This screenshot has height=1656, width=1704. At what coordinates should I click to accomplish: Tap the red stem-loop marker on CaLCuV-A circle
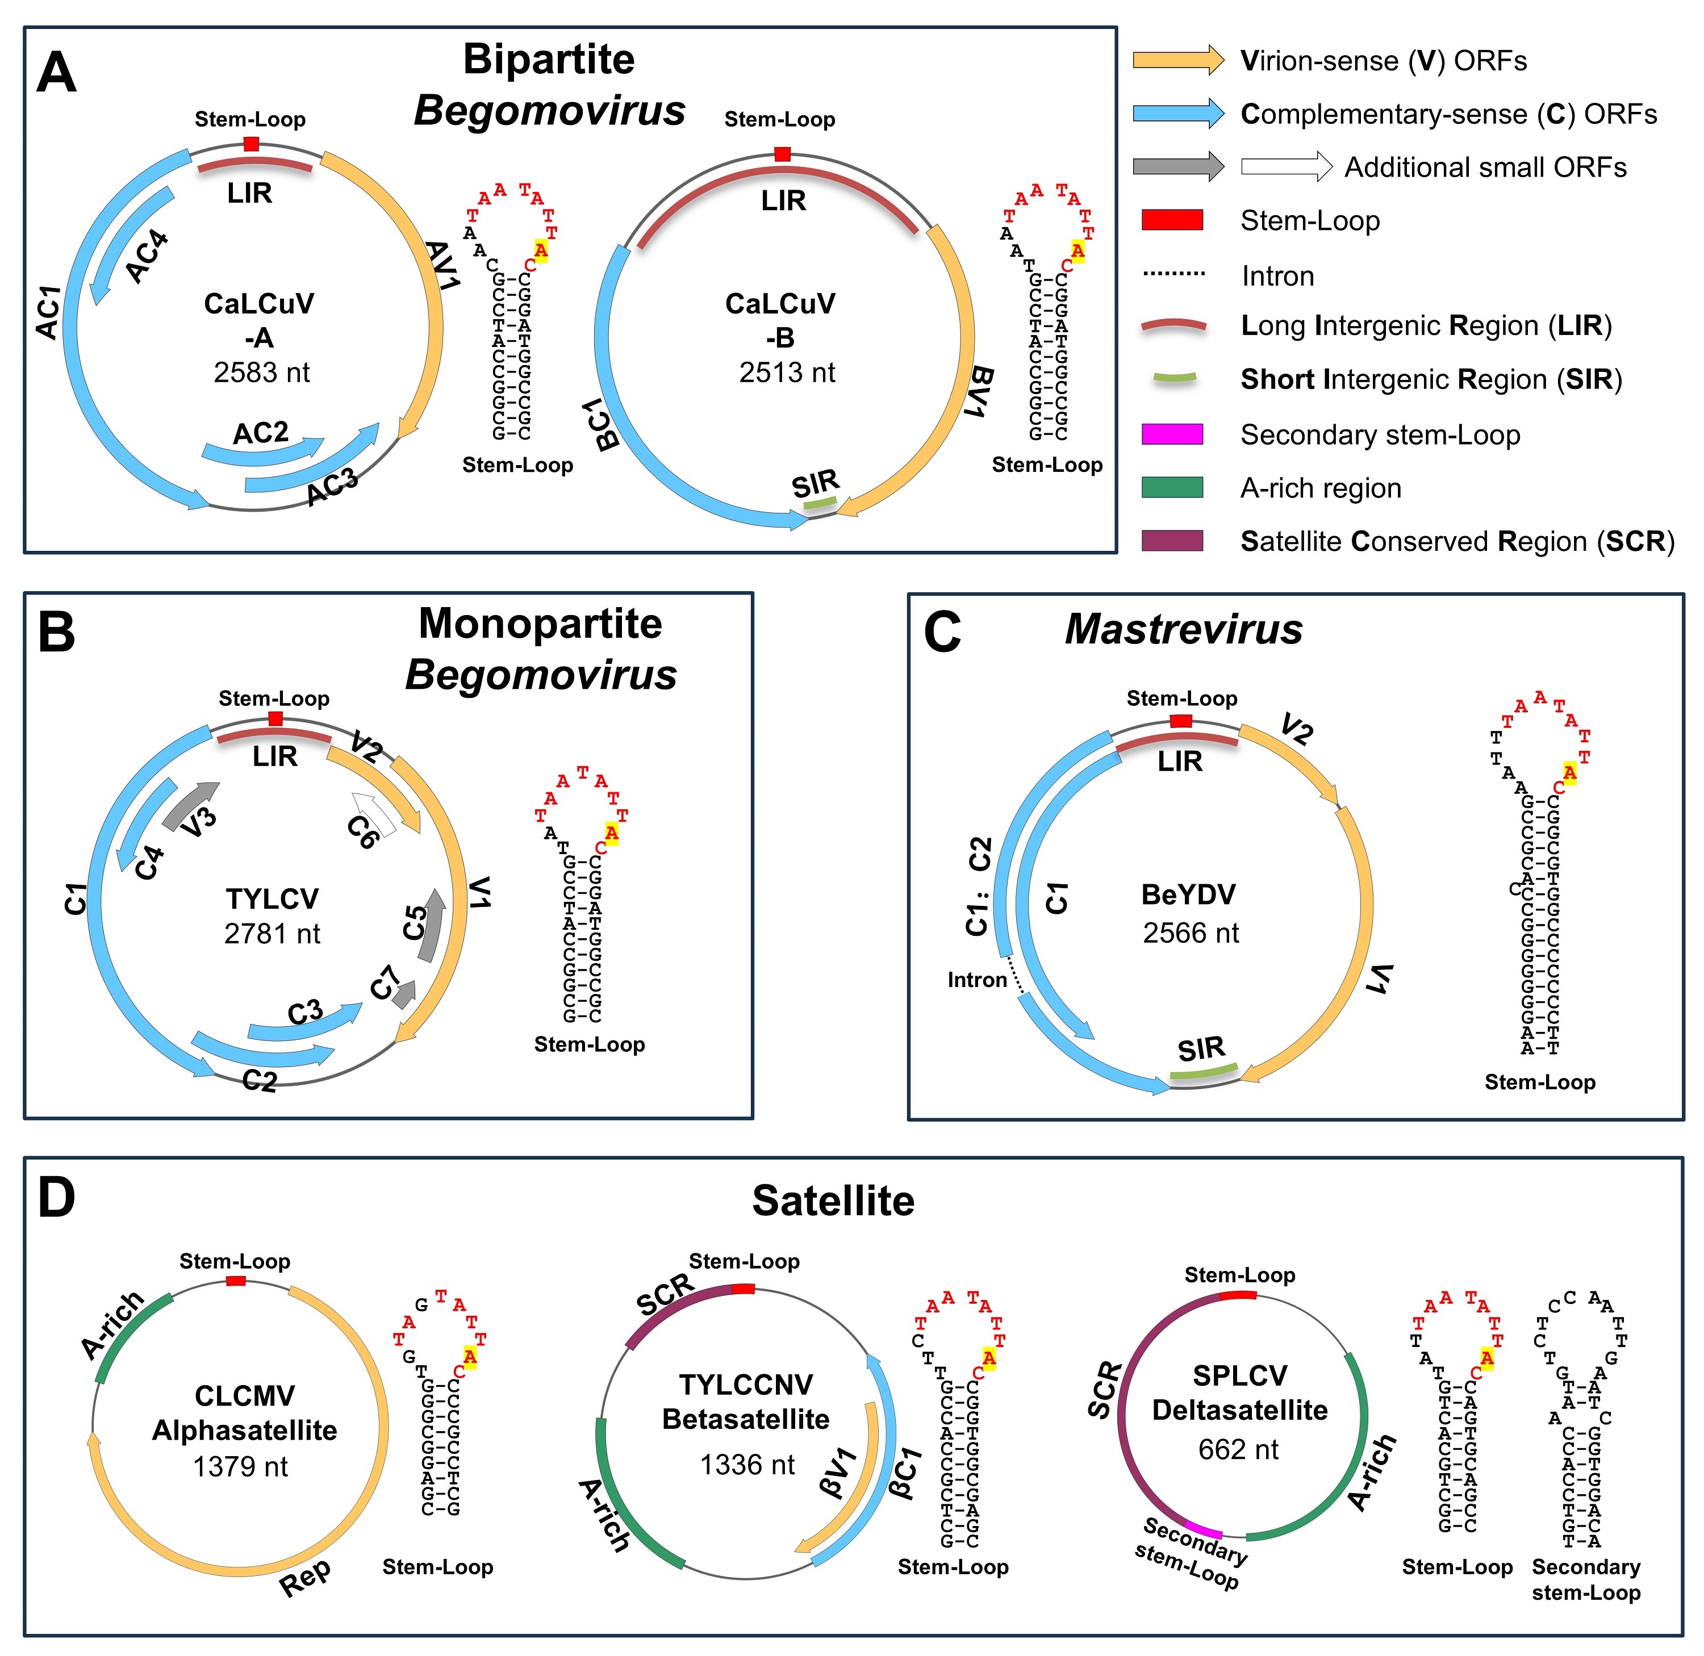click(252, 144)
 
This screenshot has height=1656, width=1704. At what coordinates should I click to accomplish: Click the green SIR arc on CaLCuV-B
click(820, 503)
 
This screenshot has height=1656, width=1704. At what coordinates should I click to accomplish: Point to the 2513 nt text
click(786, 373)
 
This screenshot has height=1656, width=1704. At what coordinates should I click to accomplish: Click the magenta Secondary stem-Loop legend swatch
click(1172, 434)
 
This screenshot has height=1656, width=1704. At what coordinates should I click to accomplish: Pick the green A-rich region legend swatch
click(1172, 487)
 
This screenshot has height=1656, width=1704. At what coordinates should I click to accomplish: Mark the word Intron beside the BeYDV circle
click(977, 980)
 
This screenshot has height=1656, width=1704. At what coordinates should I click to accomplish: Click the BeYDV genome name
click(1188, 895)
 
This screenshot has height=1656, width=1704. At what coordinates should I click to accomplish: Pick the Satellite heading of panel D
click(833, 1201)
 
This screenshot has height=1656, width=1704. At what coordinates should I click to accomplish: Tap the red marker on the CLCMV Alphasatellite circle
click(235, 1281)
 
